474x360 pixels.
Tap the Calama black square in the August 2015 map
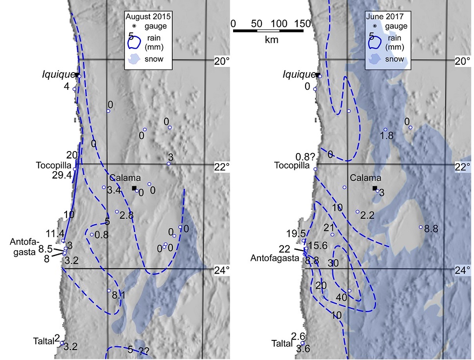tap(134, 188)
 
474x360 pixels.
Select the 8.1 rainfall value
tap(119, 295)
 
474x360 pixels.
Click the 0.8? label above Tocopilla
tap(306, 157)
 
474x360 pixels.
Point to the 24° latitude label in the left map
tap(222, 269)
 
